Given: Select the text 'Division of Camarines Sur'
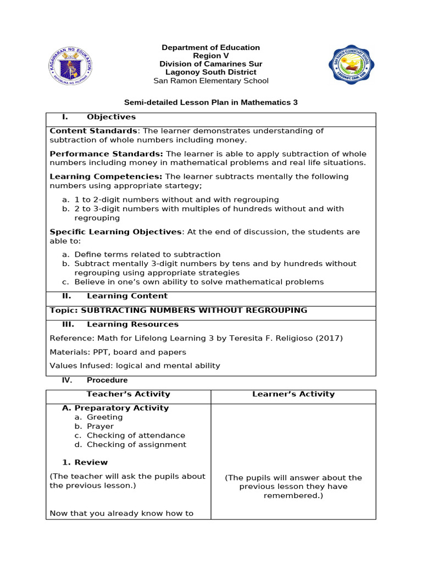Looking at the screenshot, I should (211, 64).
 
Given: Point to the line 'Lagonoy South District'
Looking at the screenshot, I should (211, 72).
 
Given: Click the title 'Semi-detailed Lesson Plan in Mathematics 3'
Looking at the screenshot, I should (211, 102).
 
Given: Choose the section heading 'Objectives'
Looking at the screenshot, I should (111, 117).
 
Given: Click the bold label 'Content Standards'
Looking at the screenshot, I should (93, 131).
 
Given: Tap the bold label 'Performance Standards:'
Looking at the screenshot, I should (107, 154).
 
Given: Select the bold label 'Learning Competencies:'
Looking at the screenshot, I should (106, 176).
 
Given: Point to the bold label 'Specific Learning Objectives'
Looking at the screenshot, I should (115, 232).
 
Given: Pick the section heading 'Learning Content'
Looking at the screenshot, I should (120, 296).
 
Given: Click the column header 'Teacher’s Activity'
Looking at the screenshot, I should (128, 394).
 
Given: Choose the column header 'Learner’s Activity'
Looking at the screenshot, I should (293, 394).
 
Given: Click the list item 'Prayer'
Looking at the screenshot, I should (100, 426).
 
